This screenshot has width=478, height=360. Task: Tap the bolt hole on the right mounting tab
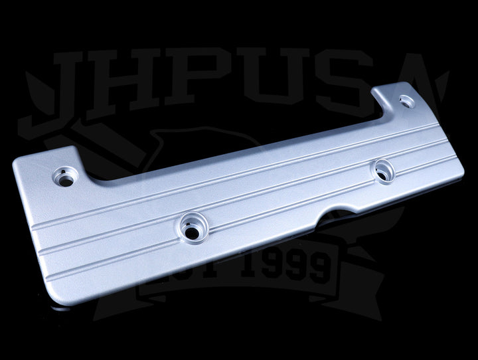(x=405, y=102)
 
